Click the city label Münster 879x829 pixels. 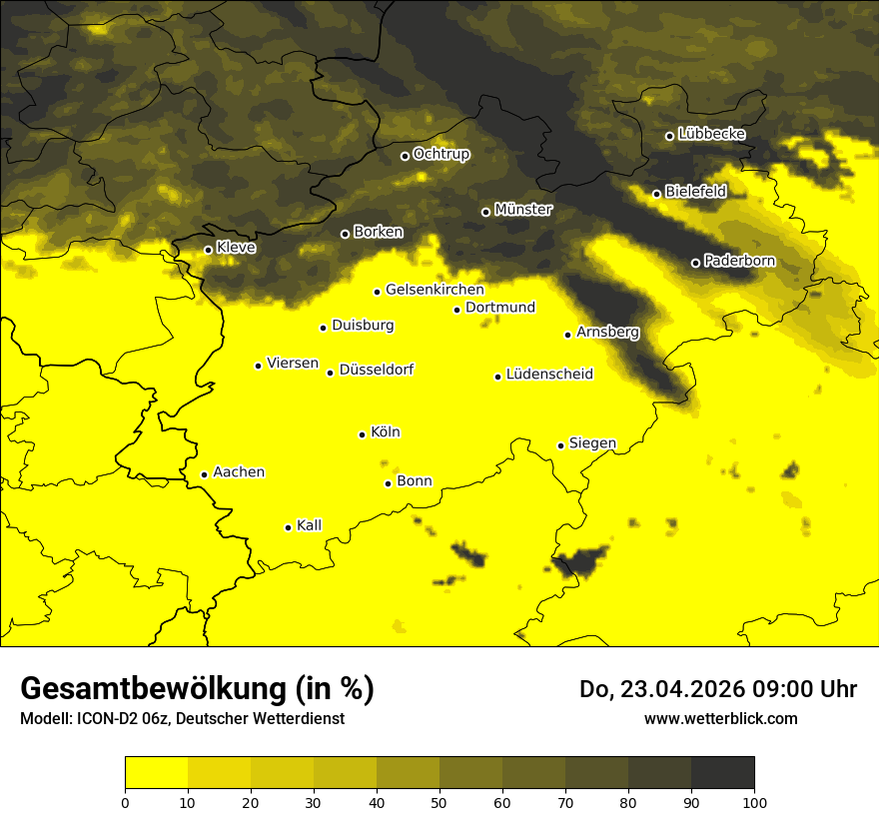click(x=523, y=210)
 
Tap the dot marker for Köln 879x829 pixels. click(x=362, y=434)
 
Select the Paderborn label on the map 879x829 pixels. click(x=739, y=261)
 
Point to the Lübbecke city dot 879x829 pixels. click(x=669, y=136)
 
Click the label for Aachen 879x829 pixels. click(x=239, y=472)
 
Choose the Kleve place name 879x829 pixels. click(x=236, y=248)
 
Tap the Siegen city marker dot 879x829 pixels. click(x=561, y=445)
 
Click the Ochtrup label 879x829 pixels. click(x=441, y=154)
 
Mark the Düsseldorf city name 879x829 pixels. click(x=377, y=370)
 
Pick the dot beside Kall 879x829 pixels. click(x=288, y=527)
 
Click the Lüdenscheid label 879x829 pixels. click(x=549, y=375)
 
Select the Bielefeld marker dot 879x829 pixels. click(x=656, y=194)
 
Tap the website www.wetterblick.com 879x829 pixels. click(x=720, y=718)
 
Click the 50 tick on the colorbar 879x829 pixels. click(x=439, y=801)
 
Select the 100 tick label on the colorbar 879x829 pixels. click(x=754, y=801)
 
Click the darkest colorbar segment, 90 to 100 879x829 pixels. click(x=722, y=773)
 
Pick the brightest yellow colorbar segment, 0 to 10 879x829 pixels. click(x=157, y=773)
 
